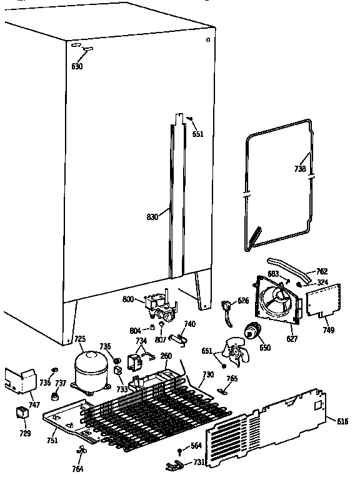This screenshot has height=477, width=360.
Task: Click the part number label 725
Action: click(x=80, y=339)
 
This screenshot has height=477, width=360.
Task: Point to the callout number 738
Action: click(x=300, y=169)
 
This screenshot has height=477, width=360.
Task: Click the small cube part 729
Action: click(x=22, y=413)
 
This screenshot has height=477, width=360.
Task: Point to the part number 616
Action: click(x=342, y=421)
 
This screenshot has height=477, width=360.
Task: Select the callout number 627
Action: click(x=292, y=339)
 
